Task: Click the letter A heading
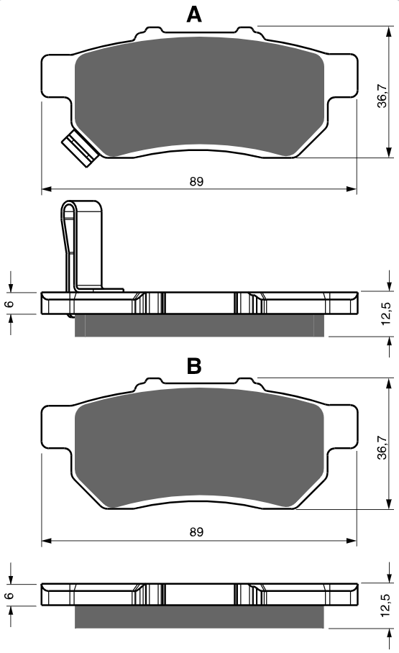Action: pyautogui.click(x=194, y=14)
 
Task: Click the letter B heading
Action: pyautogui.click(x=194, y=366)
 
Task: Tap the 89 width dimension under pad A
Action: pyautogui.click(x=196, y=181)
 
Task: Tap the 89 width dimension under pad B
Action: pyautogui.click(x=196, y=531)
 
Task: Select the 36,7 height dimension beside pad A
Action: pyautogui.click(x=382, y=96)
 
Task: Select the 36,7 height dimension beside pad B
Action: pyautogui.click(x=382, y=447)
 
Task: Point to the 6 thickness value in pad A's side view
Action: pyautogui.click(x=9, y=303)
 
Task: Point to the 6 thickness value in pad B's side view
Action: pyautogui.click(x=9, y=595)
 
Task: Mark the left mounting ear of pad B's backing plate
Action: pyautogui.click(x=56, y=428)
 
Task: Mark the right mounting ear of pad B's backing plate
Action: pyautogui.click(x=342, y=428)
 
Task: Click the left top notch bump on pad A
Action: pyautogui.click(x=152, y=31)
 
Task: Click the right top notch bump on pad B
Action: pyautogui.click(x=245, y=382)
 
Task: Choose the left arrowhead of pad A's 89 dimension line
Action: pyautogui.click(x=47, y=189)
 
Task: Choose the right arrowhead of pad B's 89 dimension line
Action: pyautogui.click(x=352, y=541)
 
